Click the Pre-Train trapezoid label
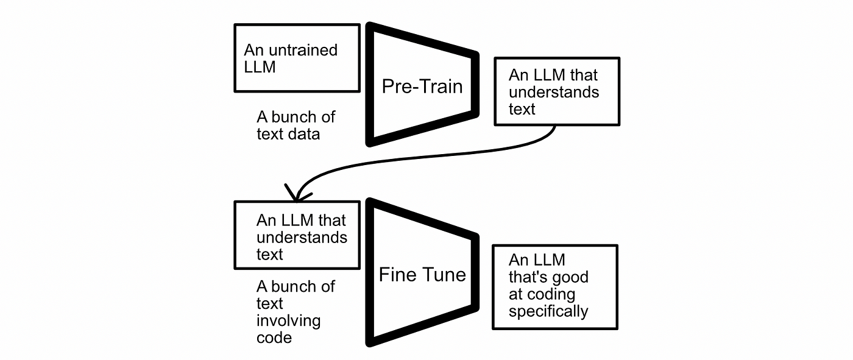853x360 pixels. [x=422, y=86]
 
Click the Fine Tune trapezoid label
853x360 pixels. [x=422, y=274]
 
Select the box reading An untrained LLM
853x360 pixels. [x=297, y=58]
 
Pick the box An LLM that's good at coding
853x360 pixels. [x=554, y=287]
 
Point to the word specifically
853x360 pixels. [x=548, y=311]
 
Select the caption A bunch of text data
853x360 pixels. [x=296, y=125]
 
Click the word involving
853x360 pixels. [x=288, y=320]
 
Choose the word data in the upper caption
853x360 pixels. [x=305, y=133]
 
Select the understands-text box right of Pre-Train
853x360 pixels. [x=556, y=91]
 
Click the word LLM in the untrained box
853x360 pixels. [x=260, y=66]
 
